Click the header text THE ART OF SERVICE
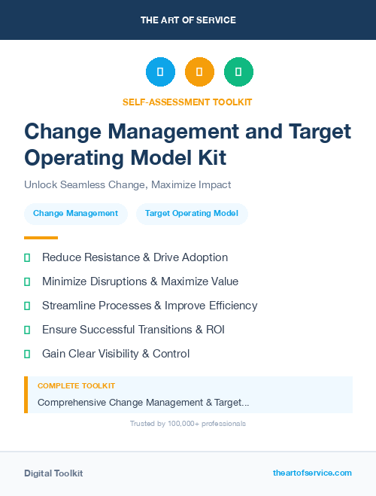pyautogui.click(x=188, y=20)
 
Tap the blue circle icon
pyautogui.click(x=160, y=72)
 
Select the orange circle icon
pyautogui.click(x=199, y=72)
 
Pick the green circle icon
pyautogui.click(x=238, y=72)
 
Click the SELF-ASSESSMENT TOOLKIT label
pyautogui.click(x=188, y=102)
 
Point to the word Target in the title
pyautogui.click(x=320, y=131)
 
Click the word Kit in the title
pyautogui.click(x=209, y=157)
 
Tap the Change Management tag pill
pyautogui.click(x=75, y=214)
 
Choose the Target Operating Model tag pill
pyautogui.click(x=192, y=214)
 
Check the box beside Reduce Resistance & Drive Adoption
pyautogui.click(x=27, y=257)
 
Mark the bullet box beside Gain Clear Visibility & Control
pyautogui.click(x=27, y=354)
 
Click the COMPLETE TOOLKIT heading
pyautogui.click(x=76, y=385)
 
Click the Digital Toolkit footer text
pyautogui.click(x=53, y=473)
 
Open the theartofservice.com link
pyautogui.click(x=312, y=473)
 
